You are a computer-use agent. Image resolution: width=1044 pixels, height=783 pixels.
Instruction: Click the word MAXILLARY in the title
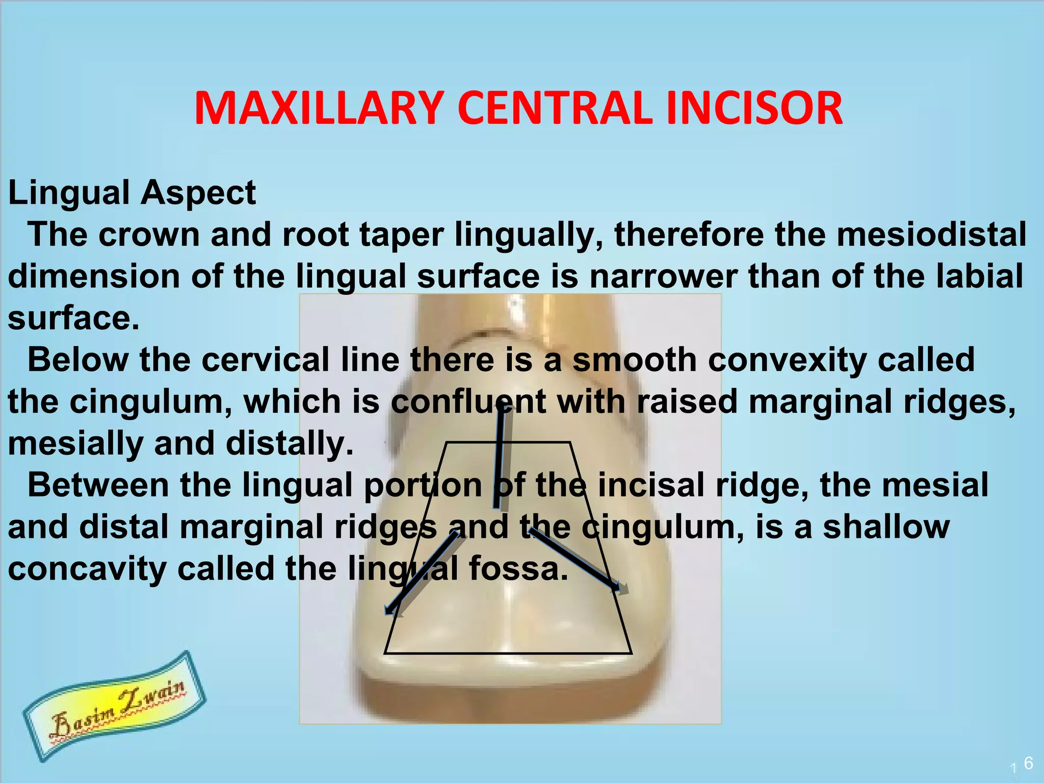pos(316,108)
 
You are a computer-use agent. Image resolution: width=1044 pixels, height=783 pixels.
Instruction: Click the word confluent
pos(468,402)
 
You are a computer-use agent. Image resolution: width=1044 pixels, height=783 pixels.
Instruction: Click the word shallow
pos(886,527)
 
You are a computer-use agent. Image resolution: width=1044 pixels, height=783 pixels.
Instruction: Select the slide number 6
pos(1028,763)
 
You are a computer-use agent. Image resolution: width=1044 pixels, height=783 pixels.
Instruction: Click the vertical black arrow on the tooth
pos(500,456)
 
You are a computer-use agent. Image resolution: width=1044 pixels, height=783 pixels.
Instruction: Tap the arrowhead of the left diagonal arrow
pos(393,609)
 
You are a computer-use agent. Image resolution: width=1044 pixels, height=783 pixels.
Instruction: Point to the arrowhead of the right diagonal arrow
pos(619,587)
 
